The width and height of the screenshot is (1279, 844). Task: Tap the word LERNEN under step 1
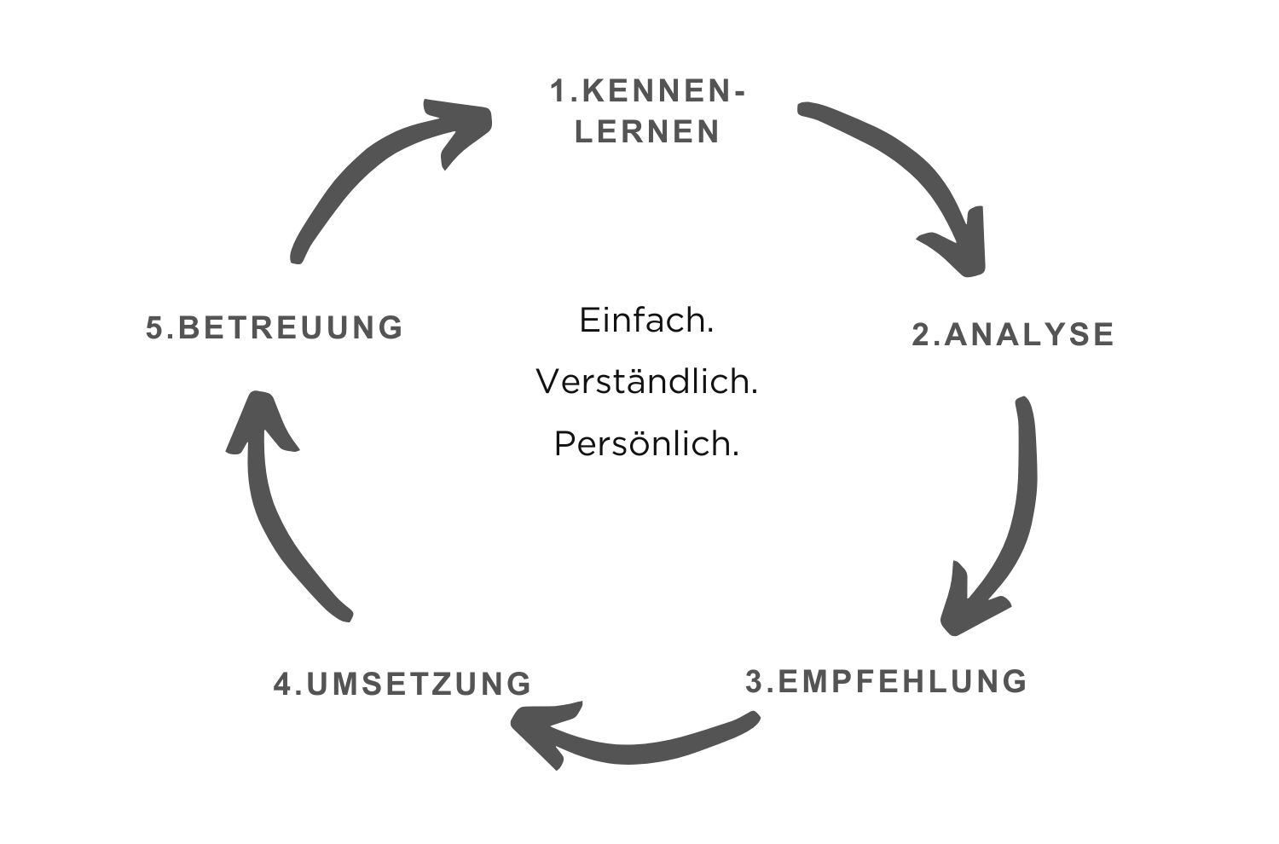[x=647, y=132]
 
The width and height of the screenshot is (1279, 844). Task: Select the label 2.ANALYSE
[x=1013, y=334]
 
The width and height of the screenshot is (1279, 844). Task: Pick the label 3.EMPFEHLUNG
[x=886, y=681]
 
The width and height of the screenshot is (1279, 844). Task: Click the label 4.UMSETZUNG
[x=402, y=684]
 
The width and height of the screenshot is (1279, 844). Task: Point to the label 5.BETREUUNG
[x=274, y=327]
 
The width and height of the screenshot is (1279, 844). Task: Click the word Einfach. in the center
[x=646, y=321]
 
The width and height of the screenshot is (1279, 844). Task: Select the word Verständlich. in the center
[x=646, y=382]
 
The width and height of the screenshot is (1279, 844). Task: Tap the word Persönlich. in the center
[x=646, y=443]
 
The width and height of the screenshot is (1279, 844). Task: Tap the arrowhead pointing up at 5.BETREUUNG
[x=260, y=422]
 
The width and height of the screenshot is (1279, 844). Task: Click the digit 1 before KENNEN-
[x=558, y=91]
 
